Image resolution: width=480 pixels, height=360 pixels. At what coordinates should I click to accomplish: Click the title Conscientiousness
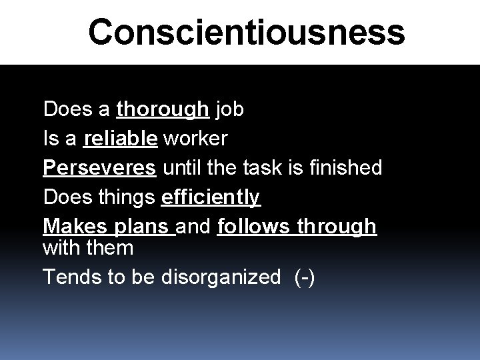246,31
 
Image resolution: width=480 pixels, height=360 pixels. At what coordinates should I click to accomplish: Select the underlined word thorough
163,109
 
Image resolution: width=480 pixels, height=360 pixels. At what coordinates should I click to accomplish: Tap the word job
230,109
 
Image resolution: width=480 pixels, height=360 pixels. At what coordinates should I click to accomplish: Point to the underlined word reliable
121,139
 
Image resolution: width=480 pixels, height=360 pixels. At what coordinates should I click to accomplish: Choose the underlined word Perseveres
100,168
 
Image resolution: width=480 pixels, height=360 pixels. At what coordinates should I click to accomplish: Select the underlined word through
337,227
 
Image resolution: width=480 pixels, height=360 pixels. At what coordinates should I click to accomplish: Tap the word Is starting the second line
51,139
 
